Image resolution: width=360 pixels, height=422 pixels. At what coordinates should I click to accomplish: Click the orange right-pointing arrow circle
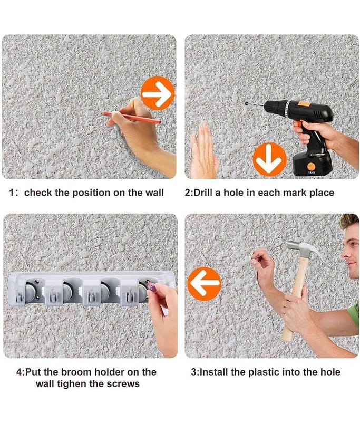(x=158, y=94)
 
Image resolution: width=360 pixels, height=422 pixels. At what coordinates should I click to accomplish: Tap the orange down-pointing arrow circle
(x=269, y=159)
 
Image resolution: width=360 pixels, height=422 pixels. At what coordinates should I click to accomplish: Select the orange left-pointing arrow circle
(x=205, y=284)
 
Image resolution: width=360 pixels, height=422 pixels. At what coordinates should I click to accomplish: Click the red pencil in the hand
(x=132, y=118)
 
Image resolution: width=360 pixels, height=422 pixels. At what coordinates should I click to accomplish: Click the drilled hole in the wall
(x=247, y=103)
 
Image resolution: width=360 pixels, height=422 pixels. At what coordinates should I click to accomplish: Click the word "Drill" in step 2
(x=203, y=193)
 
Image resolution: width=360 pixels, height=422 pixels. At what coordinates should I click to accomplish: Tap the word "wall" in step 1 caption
(x=154, y=193)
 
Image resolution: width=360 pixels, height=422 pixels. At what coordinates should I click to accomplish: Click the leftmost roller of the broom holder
(x=30, y=292)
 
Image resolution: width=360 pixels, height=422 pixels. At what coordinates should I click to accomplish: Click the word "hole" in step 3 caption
(x=330, y=372)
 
